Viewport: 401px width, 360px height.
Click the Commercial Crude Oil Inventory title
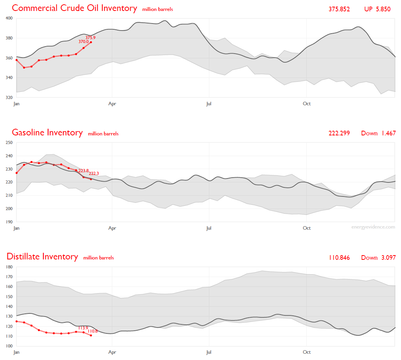click(x=74, y=8)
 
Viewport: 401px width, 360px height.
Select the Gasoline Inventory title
click(x=47, y=133)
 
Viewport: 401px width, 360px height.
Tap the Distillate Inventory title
click(x=42, y=257)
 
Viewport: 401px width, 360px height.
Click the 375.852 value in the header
click(x=339, y=9)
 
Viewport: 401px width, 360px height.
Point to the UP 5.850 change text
click(x=377, y=9)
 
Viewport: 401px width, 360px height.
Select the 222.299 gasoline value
click(x=339, y=133)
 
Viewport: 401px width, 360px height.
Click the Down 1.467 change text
click(x=378, y=133)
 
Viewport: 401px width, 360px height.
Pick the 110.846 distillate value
click(x=339, y=257)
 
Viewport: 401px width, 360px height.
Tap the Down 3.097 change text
click(x=378, y=257)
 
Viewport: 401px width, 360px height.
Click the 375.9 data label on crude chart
click(x=90, y=38)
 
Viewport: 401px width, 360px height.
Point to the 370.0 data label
click(x=83, y=41)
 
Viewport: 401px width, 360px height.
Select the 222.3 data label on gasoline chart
click(x=94, y=173)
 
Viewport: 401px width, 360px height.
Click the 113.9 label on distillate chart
click(x=83, y=328)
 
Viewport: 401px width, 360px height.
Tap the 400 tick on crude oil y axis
click(x=9, y=18)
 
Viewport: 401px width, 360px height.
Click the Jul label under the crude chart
click(x=209, y=104)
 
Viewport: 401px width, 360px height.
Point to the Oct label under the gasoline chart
click(x=307, y=228)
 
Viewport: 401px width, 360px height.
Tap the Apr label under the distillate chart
click(x=112, y=352)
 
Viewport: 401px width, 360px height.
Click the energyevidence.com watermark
click(x=373, y=227)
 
